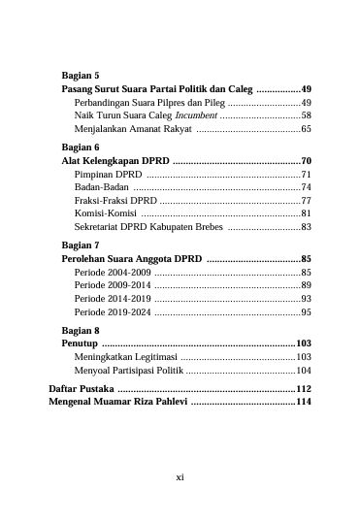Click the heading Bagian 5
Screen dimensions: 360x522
(81, 74)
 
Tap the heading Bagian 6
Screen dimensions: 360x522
(81, 146)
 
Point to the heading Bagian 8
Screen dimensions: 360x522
(81, 330)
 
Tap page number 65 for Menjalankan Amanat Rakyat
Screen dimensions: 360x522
(306, 128)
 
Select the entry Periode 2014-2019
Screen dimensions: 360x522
(112, 299)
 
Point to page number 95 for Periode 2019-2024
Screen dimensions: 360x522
(306, 312)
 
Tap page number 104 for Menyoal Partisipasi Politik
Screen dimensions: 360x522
(304, 371)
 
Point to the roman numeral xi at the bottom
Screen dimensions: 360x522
(180, 477)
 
